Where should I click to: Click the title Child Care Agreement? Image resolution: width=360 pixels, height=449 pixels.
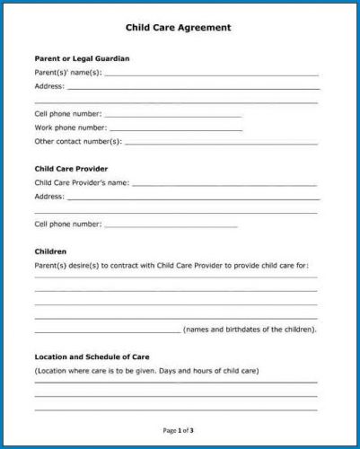(x=180, y=28)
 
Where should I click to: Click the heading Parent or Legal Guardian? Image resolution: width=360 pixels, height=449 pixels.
(x=82, y=58)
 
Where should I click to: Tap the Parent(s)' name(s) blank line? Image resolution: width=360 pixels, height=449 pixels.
(x=211, y=75)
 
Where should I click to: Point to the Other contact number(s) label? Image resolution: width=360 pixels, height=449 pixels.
(x=77, y=141)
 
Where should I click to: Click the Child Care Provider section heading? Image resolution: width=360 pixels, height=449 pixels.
(x=71, y=168)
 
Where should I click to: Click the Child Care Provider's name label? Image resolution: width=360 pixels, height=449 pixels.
(x=82, y=182)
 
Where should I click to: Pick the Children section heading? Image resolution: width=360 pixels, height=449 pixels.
(x=50, y=251)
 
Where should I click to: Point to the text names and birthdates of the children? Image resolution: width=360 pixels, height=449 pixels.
(x=250, y=329)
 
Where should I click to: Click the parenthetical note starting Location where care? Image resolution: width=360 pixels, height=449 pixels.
(x=146, y=371)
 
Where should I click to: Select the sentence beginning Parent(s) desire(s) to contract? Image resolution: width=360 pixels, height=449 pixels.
(x=171, y=266)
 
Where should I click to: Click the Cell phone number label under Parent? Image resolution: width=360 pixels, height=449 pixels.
(x=68, y=114)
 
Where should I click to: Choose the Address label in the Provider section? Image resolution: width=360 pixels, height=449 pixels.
(x=49, y=196)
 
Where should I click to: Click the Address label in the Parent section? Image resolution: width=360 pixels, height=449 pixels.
(x=49, y=86)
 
